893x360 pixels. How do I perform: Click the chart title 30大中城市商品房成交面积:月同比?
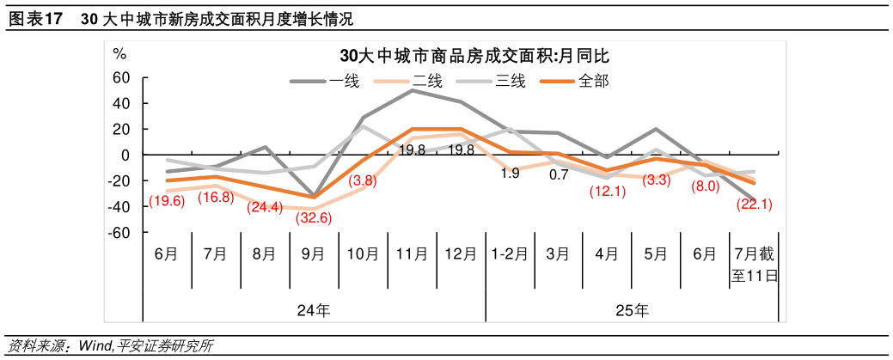click(x=474, y=56)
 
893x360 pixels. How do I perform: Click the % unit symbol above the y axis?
click(x=119, y=53)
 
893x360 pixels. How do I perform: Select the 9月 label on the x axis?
click(x=314, y=254)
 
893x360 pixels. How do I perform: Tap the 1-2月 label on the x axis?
click(x=510, y=254)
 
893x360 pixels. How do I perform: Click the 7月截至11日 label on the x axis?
click(x=755, y=265)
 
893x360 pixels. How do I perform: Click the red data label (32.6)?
click(x=314, y=217)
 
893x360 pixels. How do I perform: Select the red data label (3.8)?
click(x=362, y=180)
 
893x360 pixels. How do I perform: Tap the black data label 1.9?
click(x=510, y=174)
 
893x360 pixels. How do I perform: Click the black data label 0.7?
click(x=559, y=174)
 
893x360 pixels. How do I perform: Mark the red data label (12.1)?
click(x=608, y=192)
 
